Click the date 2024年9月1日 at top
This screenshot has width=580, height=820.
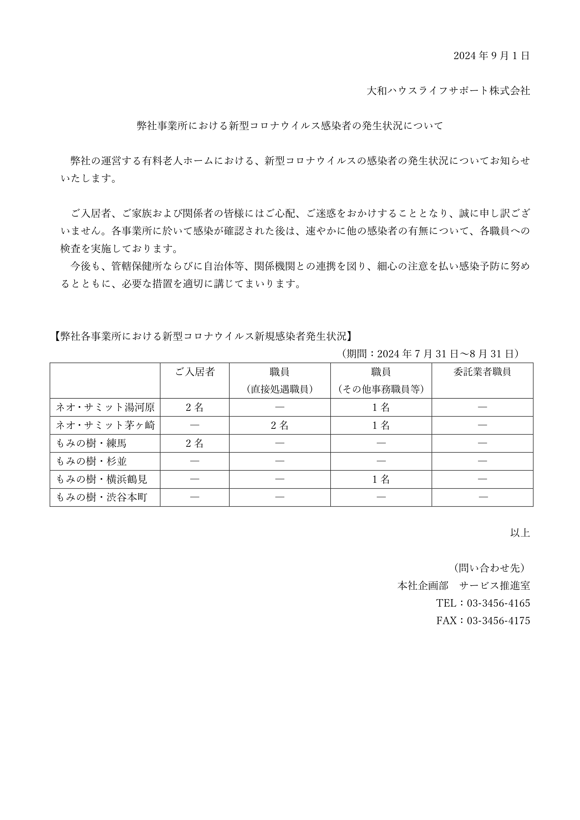click(491, 56)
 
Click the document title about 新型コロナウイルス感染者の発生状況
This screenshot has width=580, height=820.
click(290, 126)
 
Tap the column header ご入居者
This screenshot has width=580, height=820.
click(195, 372)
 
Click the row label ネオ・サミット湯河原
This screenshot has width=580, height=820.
click(105, 408)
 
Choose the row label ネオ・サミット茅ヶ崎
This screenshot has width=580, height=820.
click(105, 425)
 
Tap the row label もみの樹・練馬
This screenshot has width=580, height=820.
click(91, 444)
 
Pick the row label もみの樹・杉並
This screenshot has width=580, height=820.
click(91, 462)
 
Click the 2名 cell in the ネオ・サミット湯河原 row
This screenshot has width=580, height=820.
click(195, 408)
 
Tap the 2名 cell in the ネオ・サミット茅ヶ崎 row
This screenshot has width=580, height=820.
click(280, 425)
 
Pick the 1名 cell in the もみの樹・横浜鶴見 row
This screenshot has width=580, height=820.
click(381, 479)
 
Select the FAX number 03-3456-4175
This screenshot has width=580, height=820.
click(498, 621)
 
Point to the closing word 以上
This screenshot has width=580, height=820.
click(520, 533)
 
